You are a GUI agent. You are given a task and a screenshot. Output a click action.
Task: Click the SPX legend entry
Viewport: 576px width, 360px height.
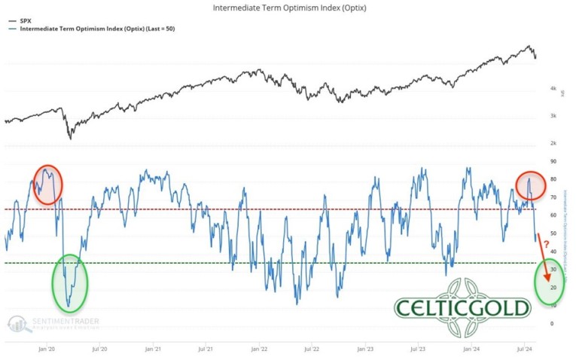click(x=22, y=20)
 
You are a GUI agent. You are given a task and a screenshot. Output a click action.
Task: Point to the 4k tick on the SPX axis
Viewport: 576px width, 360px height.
click(x=553, y=89)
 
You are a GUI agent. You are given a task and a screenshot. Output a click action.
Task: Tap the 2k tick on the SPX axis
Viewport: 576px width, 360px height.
click(x=553, y=142)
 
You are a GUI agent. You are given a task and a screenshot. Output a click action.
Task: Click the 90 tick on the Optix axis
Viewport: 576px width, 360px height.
click(x=553, y=161)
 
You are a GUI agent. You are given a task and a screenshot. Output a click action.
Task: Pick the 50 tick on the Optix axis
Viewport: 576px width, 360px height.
click(x=553, y=233)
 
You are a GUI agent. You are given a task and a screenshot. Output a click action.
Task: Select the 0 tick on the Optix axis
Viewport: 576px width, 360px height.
click(x=551, y=323)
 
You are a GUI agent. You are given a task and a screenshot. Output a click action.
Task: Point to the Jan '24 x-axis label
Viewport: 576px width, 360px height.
click(x=472, y=349)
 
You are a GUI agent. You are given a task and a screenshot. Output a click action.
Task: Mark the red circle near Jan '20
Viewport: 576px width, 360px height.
click(x=47, y=184)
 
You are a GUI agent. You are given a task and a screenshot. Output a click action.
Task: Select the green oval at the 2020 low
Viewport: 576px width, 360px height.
click(x=69, y=282)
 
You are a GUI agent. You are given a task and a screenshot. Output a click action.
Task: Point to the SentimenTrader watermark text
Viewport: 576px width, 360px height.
click(x=64, y=322)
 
